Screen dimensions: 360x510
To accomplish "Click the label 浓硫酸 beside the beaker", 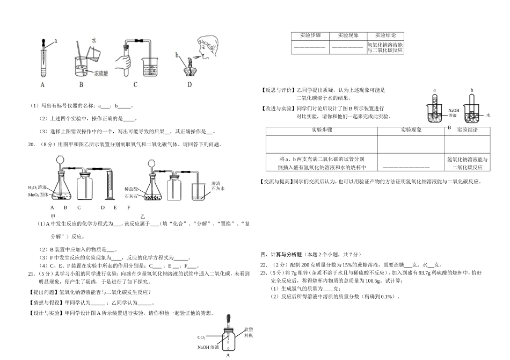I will (101, 73).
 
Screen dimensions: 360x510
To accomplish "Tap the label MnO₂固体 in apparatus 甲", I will (39, 194).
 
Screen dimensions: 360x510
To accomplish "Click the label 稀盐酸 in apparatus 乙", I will (132, 189).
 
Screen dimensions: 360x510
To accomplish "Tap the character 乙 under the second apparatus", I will (143, 215).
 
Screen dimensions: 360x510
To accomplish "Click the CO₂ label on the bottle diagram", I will (202, 337).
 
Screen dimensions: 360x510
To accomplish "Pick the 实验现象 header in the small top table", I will (348, 35).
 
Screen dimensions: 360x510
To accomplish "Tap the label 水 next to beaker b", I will (489, 115).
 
